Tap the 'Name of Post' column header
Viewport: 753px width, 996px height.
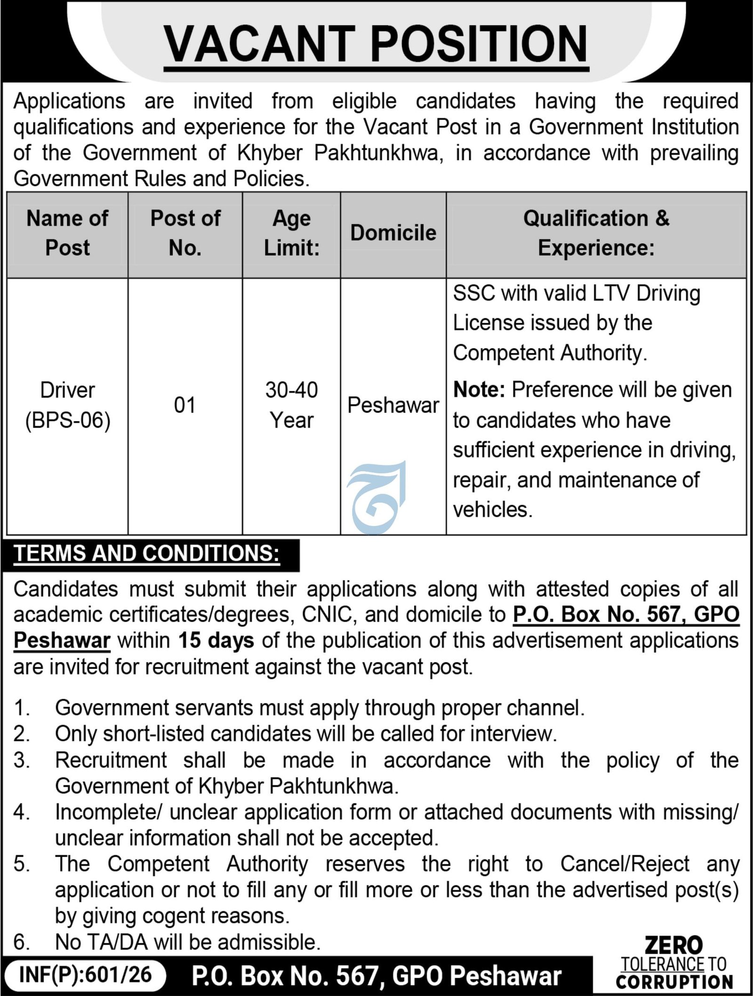(x=67, y=233)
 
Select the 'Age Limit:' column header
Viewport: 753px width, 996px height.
(x=291, y=233)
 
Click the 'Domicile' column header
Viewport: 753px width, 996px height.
(x=393, y=233)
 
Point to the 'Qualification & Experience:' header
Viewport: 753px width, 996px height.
(x=596, y=233)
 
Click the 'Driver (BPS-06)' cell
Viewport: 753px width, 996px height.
(x=67, y=405)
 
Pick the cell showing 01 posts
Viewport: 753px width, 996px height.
(x=184, y=405)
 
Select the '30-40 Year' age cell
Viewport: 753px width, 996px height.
(x=291, y=405)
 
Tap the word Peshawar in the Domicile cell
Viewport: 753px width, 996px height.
(x=393, y=405)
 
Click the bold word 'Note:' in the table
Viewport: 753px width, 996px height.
(x=479, y=390)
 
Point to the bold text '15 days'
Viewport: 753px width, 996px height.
(x=216, y=641)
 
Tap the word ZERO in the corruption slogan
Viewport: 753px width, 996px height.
(x=673, y=945)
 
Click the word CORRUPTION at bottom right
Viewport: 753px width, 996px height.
(x=674, y=981)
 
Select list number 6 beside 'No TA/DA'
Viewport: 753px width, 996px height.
(x=21, y=942)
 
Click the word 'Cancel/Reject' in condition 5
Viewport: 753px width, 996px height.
(x=625, y=864)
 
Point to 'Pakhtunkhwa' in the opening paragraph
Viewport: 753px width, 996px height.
(x=376, y=153)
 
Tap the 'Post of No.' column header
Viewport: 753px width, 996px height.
(x=185, y=233)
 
